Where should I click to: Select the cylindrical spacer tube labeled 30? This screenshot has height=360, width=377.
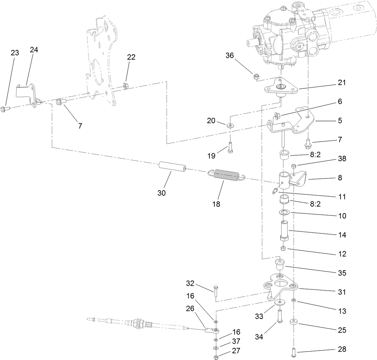pyautogui.click(x=173, y=167)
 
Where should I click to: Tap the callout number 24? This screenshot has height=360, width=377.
pyautogui.click(x=34, y=50)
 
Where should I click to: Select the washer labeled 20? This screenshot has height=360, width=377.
pyautogui.click(x=230, y=125)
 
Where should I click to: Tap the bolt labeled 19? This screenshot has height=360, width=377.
pyautogui.click(x=230, y=147)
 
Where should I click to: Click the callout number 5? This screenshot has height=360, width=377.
pyautogui.click(x=340, y=120)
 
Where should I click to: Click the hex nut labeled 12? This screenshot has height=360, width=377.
pyautogui.click(x=283, y=249)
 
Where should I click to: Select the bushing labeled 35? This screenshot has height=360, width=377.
pyautogui.click(x=280, y=264)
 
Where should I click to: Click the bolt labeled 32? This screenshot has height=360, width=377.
pyautogui.click(x=216, y=292)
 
